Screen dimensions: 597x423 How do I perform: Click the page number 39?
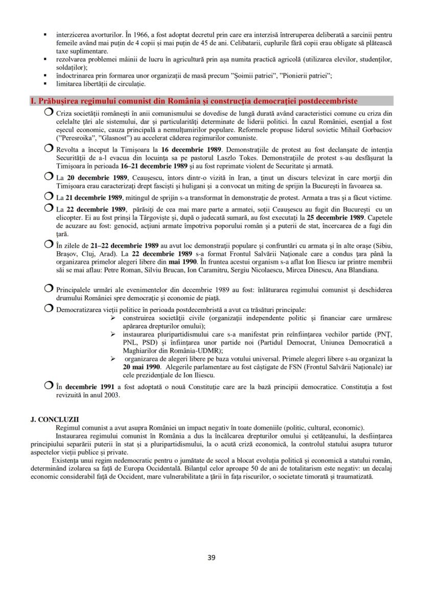click(211, 557)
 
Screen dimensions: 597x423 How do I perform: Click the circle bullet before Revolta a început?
click(49, 149)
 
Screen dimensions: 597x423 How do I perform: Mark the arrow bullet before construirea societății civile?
click(113, 317)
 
